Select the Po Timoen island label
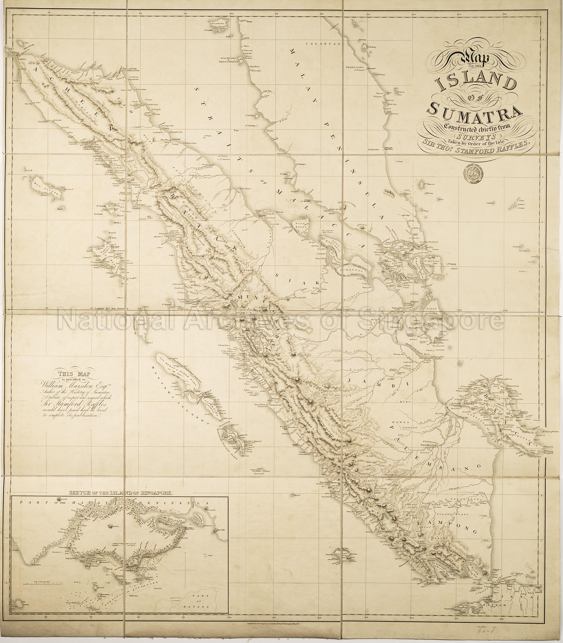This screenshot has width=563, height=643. pyautogui.click(x=430, y=184)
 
